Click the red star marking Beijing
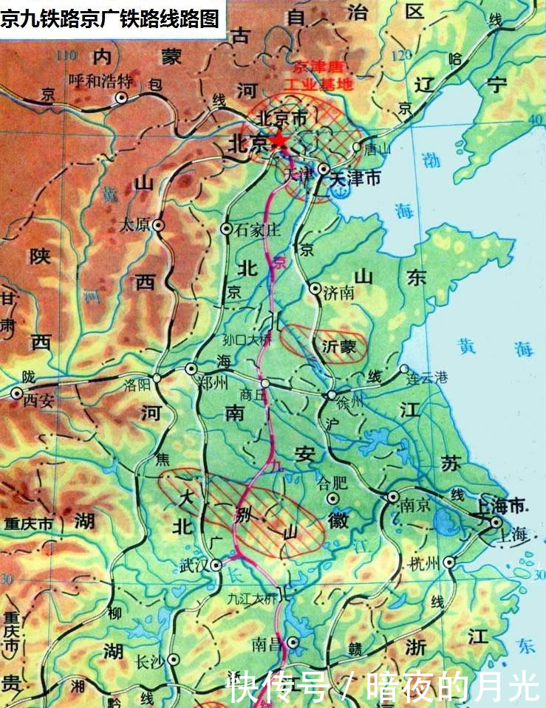coord(279,141)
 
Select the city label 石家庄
coord(258,230)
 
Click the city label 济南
coord(338,294)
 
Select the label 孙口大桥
coord(248,341)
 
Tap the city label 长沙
coord(151,661)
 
